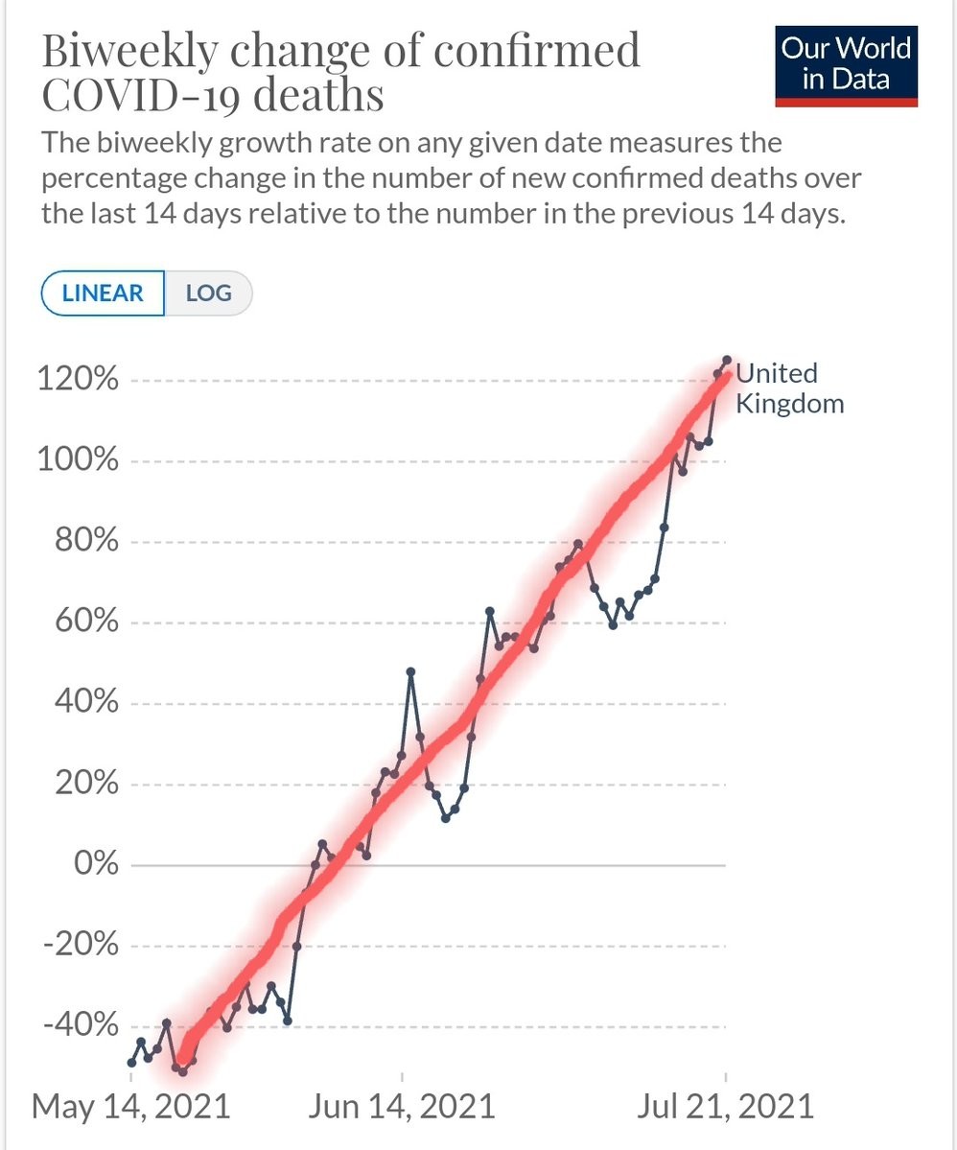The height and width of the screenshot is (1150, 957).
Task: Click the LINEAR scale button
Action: point(103,293)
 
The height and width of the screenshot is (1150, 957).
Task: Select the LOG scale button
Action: point(208,293)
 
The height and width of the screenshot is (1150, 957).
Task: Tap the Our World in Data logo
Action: point(846,63)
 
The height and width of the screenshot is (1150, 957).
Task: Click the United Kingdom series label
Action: point(788,387)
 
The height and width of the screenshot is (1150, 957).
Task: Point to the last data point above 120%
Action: point(727,360)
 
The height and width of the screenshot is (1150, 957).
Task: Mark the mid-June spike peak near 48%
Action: point(410,671)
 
